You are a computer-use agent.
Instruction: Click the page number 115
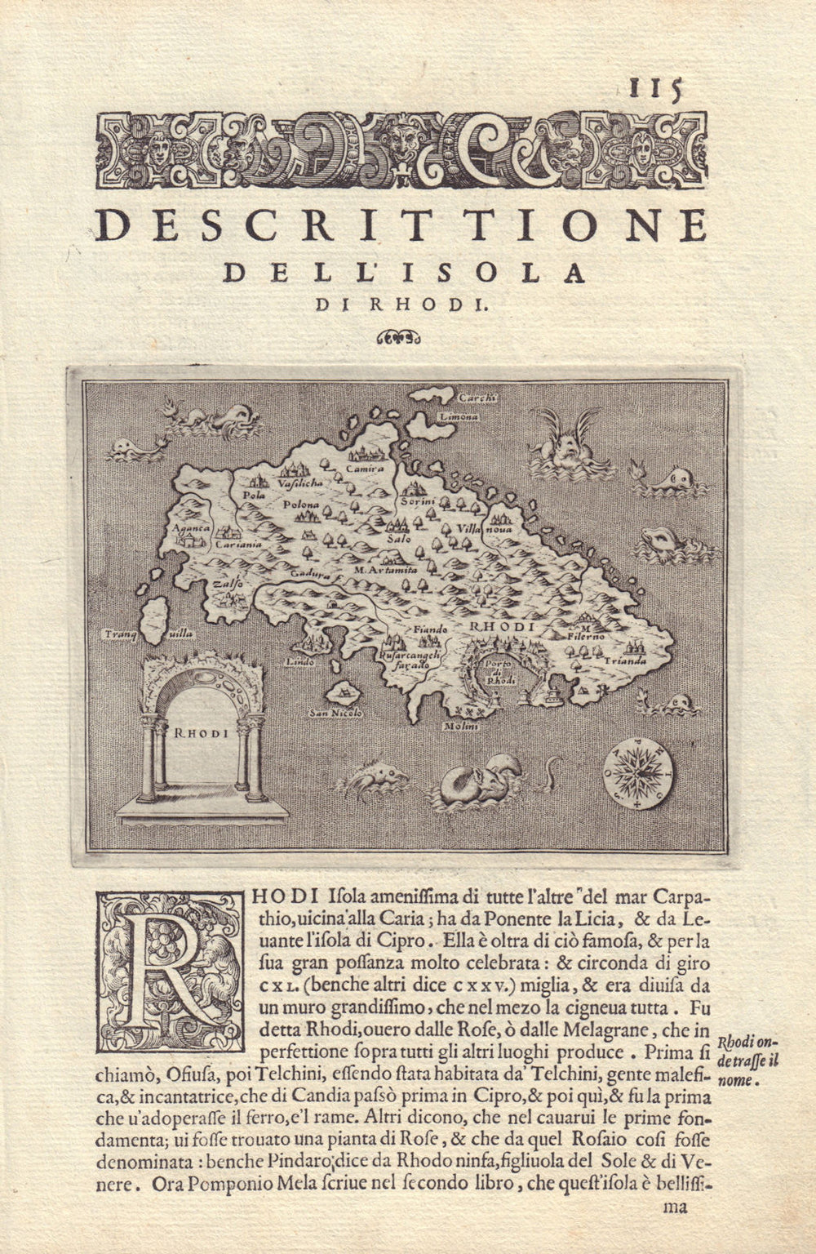tap(654, 88)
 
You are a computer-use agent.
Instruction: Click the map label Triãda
tap(626, 660)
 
